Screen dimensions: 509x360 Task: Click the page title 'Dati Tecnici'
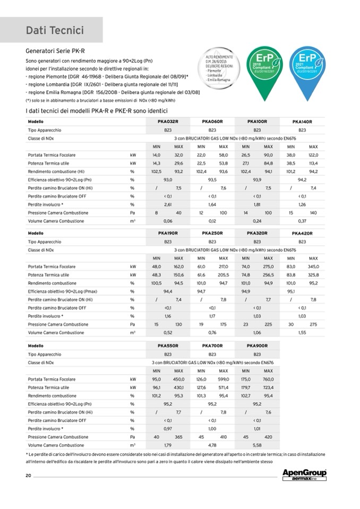(55, 31)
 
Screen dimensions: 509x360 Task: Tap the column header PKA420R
(302, 234)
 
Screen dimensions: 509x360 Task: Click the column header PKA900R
(257, 346)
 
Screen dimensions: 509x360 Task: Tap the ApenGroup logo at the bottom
(304, 474)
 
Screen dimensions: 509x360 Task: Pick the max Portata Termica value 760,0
(268, 379)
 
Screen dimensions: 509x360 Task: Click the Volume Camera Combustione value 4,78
(212, 445)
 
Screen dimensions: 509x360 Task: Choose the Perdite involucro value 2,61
(167, 204)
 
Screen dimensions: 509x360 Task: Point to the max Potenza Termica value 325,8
(313, 275)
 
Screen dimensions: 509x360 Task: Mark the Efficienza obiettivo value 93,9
(257, 180)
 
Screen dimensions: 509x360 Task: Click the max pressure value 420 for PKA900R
(268, 437)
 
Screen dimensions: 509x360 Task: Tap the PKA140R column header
(302, 122)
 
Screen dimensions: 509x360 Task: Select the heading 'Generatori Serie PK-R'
(52, 51)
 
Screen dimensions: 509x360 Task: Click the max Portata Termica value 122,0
(313, 155)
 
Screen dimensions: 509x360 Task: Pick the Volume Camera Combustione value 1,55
(302, 333)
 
